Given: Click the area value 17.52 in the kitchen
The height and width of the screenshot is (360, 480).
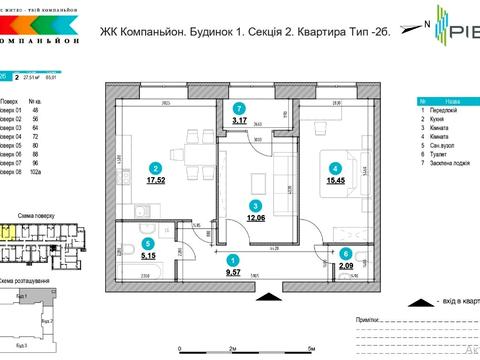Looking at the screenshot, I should (x=155, y=183).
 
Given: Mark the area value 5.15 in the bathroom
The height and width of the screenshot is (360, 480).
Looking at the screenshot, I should (x=148, y=254).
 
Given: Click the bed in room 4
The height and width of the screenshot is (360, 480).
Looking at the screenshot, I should (x=339, y=161).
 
